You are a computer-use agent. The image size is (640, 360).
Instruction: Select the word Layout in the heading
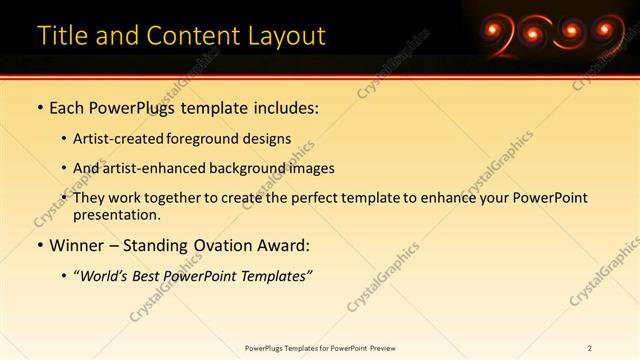pyautogui.click(x=283, y=36)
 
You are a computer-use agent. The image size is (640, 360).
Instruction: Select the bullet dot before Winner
pyautogui.click(x=39, y=246)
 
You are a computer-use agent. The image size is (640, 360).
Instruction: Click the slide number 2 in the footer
pyautogui.click(x=590, y=348)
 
